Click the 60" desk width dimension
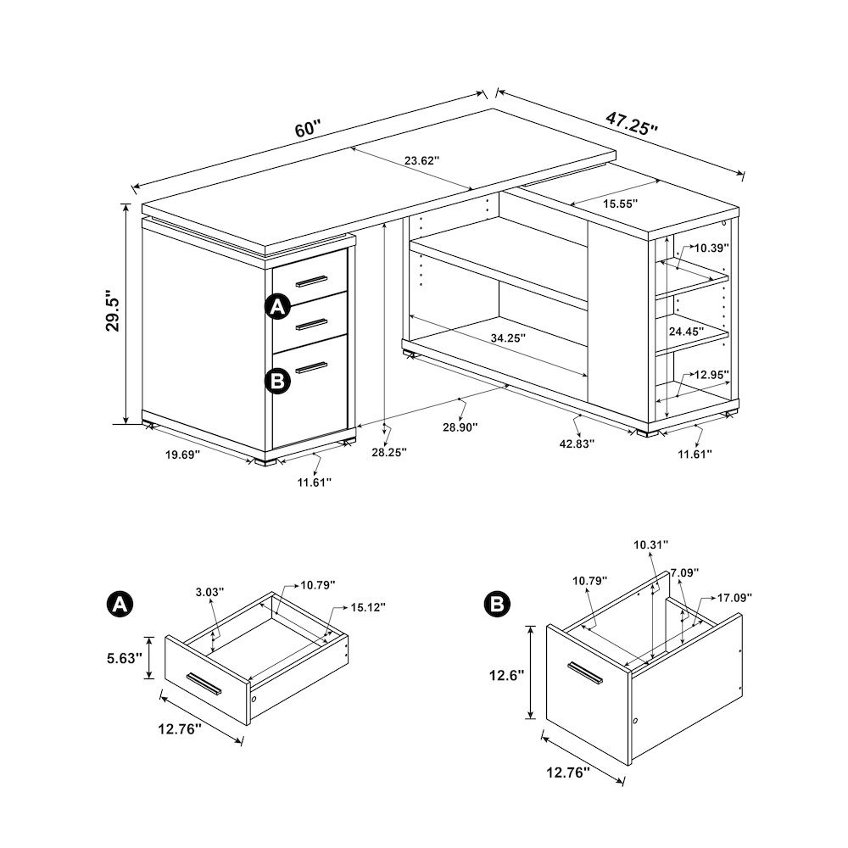(x=307, y=130)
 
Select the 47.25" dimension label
(x=632, y=122)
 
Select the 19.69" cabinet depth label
(x=182, y=455)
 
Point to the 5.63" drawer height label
(x=124, y=657)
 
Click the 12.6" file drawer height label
(x=508, y=675)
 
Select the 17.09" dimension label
(x=735, y=596)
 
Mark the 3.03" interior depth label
(x=208, y=593)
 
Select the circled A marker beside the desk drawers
(x=277, y=307)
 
